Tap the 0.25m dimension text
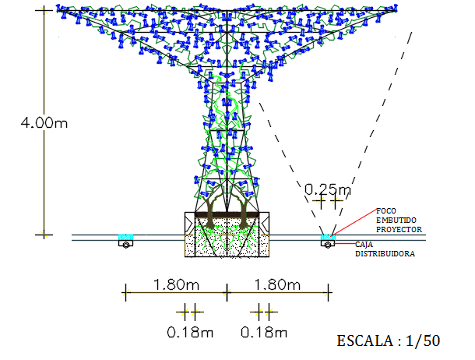[327, 189]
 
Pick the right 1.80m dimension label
[277, 284]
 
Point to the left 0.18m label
[190, 333]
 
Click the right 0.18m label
[264, 333]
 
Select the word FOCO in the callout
[385, 210]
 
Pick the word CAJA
[364, 245]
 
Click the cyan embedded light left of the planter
[124, 236]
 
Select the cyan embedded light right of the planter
[328, 236]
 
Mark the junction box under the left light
[124, 244]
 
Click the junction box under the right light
[328, 244]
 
